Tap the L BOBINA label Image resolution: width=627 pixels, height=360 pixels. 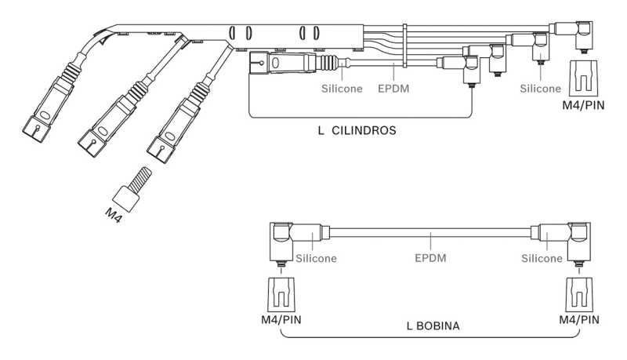click(x=433, y=325)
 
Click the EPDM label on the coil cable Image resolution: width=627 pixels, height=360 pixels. click(x=430, y=258)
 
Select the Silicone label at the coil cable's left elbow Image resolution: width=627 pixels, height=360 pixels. click(x=317, y=258)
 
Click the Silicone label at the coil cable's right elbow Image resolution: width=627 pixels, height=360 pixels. click(x=542, y=258)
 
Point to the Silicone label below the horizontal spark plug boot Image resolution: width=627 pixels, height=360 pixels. click(x=342, y=89)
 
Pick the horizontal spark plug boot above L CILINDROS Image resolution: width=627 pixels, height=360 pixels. click(x=286, y=62)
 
